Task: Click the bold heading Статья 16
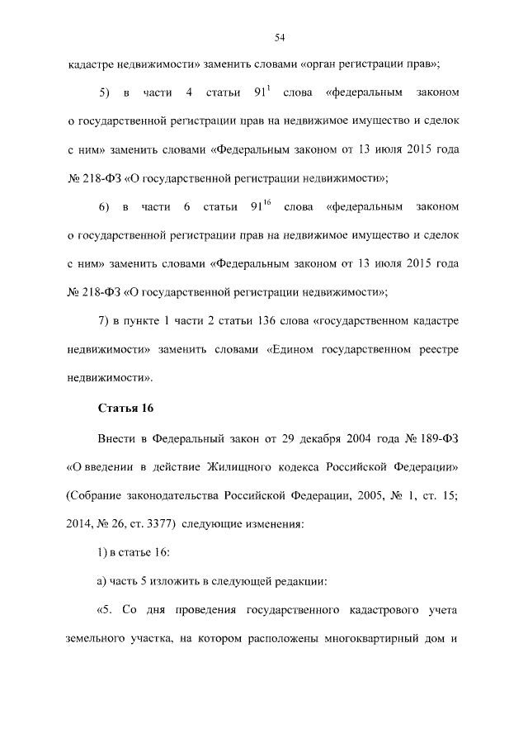pos(126,407)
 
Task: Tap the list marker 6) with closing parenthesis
pos(104,206)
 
